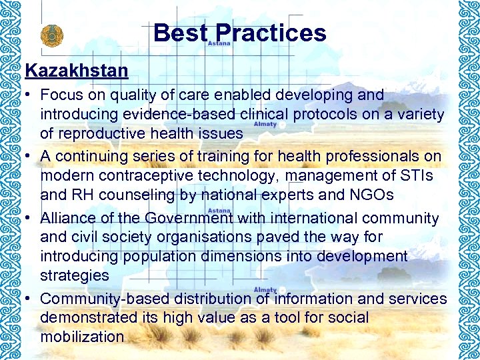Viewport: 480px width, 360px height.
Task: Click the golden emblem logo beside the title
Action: (49, 35)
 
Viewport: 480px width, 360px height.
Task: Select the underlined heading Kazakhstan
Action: (77, 69)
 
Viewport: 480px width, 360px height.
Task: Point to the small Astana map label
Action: (219, 43)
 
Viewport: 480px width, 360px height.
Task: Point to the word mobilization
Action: (82, 337)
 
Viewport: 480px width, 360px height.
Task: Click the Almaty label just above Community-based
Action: (265, 289)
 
